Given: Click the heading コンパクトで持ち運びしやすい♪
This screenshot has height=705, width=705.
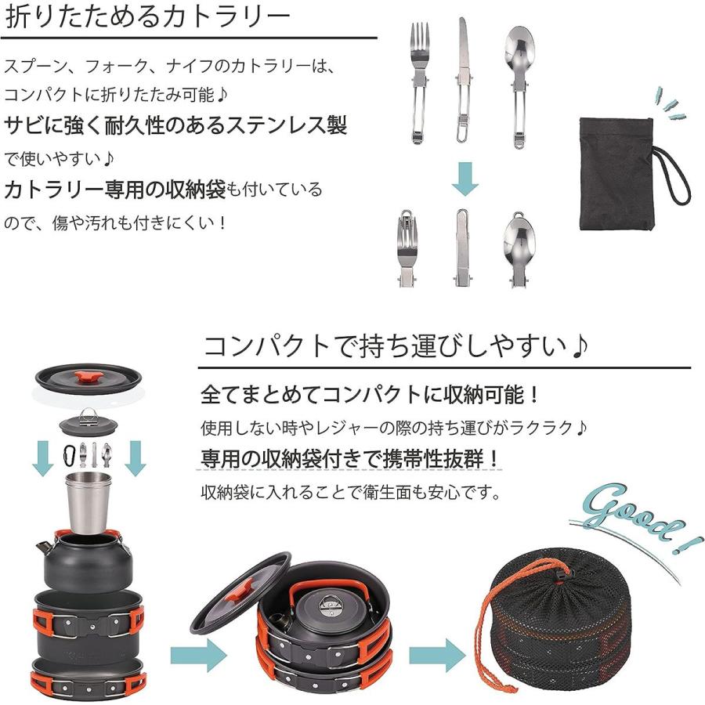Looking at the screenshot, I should coord(396,345).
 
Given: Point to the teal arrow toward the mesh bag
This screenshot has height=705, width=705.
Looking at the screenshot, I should coord(438,653).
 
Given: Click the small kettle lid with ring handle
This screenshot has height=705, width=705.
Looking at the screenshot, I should coord(89,424).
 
